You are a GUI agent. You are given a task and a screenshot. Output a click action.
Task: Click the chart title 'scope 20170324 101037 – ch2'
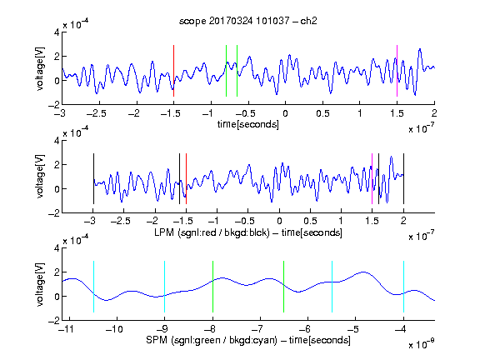pos(248,21)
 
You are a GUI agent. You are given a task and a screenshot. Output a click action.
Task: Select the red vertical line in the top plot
pos(174,71)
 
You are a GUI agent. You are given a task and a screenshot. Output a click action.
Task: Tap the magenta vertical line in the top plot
pos(397,71)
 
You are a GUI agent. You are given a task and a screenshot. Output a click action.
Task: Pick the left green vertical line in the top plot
pos(226,71)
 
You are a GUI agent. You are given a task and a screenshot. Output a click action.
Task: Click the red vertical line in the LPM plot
pos(186,179)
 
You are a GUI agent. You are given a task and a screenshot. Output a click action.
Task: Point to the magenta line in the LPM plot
pos(372,179)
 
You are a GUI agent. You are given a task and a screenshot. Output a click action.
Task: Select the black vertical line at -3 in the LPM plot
pos(93,179)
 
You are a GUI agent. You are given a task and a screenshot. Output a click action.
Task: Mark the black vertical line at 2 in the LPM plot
pos(403,179)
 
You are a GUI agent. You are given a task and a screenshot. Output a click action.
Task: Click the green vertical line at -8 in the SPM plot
pos(212,287)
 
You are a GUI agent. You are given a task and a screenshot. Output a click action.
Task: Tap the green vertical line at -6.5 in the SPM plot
pos(284,287)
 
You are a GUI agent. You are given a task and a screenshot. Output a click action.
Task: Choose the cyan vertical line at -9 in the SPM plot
pos(165,287)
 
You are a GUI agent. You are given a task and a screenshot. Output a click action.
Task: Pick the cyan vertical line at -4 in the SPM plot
pos(403,287)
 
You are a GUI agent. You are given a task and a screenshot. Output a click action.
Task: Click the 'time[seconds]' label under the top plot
pos(248,124)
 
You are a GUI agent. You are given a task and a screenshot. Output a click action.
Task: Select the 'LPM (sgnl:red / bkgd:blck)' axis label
pos(212,232)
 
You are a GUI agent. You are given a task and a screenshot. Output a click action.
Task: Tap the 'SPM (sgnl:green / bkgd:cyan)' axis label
pos(212,340)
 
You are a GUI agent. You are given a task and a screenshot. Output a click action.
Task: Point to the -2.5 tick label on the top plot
pos(97,113)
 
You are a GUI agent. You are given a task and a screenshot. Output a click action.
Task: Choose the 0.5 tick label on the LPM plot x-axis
pos(310,221)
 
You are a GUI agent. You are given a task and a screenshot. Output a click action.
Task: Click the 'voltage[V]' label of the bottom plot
pos(40,284)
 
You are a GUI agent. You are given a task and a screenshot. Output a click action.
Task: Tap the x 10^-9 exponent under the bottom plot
pos(421,343)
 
